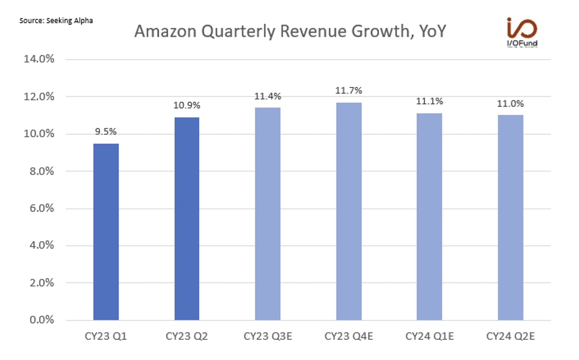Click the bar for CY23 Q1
(106, 232)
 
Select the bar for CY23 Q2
(187, 219)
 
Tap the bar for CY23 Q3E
(267, 214)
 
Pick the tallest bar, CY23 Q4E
(349, 211)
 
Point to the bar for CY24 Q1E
(429, 216)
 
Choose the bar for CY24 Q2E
(510, 217)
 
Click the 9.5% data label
(106, 132)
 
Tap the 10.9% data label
(187, 105)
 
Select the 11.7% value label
(349, 91)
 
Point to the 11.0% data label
(510, 104)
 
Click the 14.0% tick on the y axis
(39, 59)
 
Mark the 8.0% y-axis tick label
(42, 171)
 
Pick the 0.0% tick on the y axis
(42, 320)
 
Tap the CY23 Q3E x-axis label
(267, 336)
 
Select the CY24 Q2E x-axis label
(510, 336)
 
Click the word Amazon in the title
(165, 32)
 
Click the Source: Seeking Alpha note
(56, 21)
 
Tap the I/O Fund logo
(522, 32)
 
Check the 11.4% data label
(267, 97)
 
